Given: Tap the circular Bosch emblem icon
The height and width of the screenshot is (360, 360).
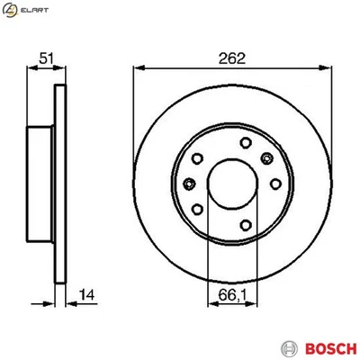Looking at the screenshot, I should coord(287,346).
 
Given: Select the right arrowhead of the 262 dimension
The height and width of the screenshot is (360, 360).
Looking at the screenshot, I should coord(326,67).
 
